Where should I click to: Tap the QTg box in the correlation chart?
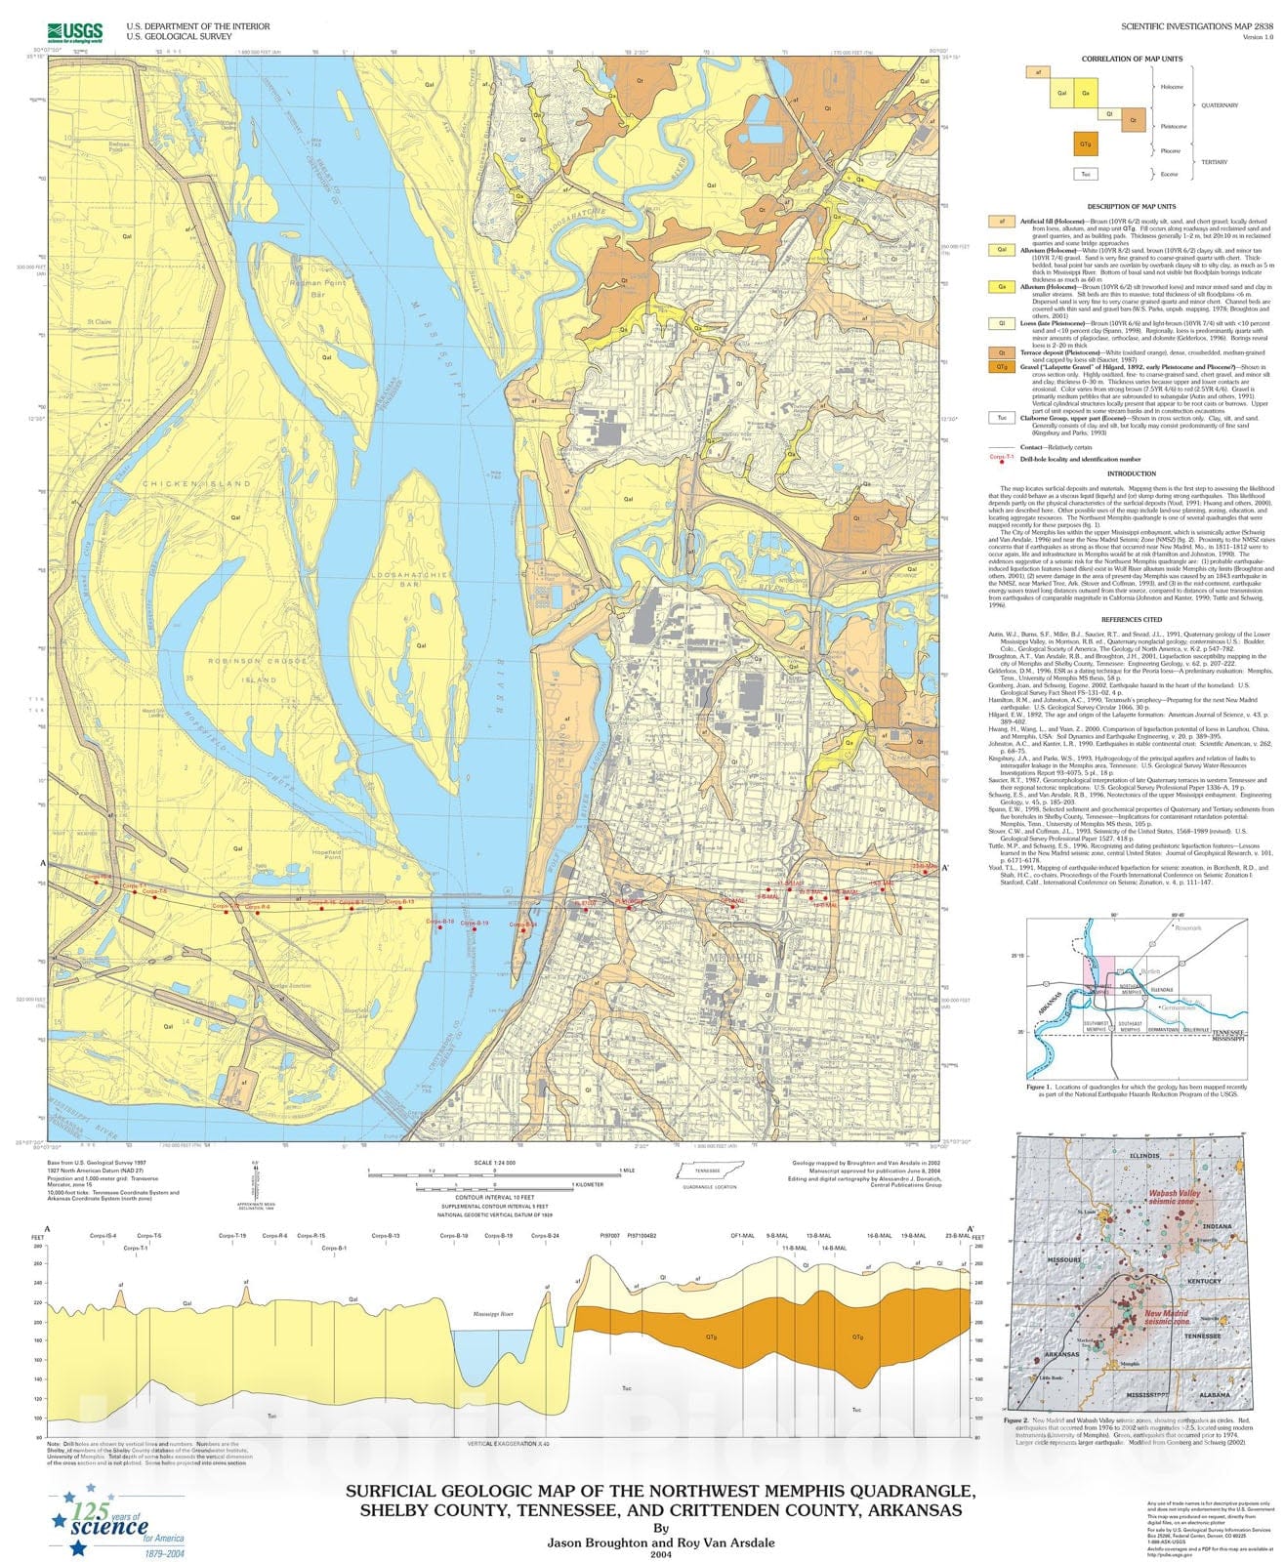tap(1085, 144)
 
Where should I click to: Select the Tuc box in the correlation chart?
tap(1085, 174)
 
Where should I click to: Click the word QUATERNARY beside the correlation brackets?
tap(1220, 105)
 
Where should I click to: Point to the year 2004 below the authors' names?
tap(661, 1555)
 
